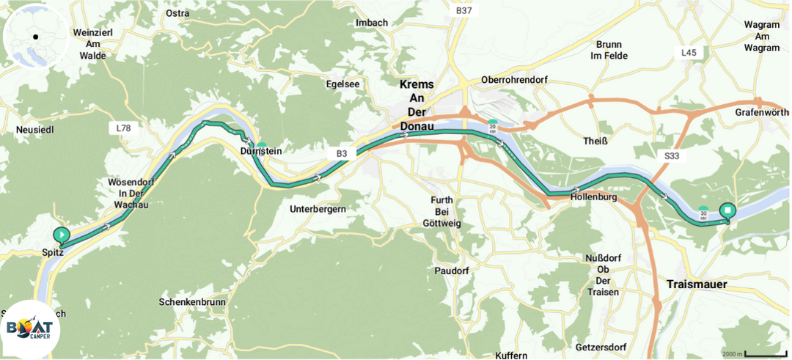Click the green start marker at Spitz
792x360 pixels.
point(62,235)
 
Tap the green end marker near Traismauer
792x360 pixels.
point(727,211)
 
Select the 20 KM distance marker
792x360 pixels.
point(493,126)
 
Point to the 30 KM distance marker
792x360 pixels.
point(703,213)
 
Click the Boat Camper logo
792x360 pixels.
point(30,329)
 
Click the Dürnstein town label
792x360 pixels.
point(260,151)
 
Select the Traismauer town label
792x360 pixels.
point(697,284)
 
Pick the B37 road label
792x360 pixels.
point(463,10)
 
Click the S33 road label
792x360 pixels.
point(672,155)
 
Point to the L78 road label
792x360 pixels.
point(123,128)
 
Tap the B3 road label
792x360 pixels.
point(342,153)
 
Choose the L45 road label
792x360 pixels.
point(689,53)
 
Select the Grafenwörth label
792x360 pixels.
point(761,112)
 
